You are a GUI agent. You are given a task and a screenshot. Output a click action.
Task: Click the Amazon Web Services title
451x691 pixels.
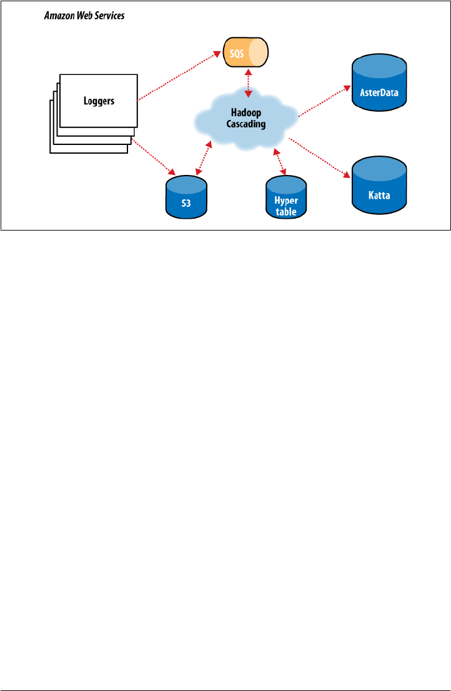[84, 16]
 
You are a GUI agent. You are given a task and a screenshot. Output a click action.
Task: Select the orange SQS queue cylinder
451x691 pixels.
[245, 52]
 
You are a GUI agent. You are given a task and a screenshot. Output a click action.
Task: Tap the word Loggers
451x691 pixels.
[99, 101]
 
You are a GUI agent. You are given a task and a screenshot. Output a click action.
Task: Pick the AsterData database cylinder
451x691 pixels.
[379, 84]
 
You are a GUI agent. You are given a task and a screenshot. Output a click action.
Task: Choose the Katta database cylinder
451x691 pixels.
[379, 186]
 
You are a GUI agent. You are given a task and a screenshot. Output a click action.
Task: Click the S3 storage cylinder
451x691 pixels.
[186, 196]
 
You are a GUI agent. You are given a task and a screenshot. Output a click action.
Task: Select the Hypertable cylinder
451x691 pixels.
[286, 197]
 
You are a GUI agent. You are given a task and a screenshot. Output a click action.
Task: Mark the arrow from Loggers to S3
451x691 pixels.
[152, 157]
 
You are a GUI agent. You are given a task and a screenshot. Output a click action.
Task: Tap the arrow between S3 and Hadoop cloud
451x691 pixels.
[204, 158]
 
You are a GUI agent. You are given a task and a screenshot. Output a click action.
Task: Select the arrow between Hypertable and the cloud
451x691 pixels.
[280, 161]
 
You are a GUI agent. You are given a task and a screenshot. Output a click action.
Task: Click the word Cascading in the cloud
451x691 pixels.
[245, 124]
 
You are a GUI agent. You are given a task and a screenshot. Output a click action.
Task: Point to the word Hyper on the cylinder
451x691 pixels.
[286, 201]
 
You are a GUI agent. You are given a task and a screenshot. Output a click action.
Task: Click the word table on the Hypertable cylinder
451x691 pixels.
[286, 211]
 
